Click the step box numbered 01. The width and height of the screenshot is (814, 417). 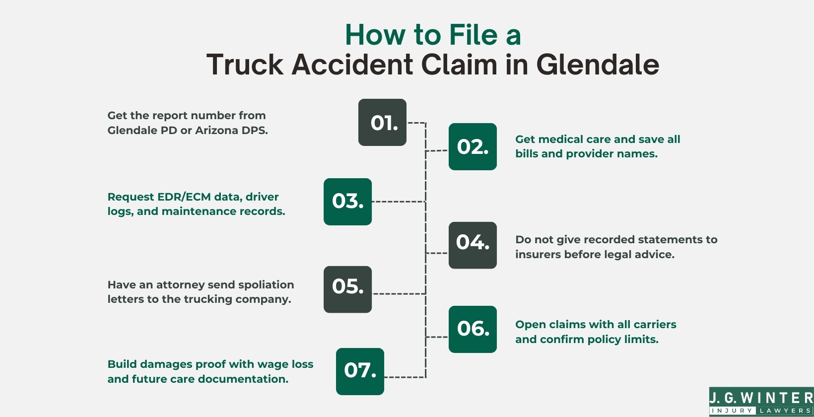tap(382, 122)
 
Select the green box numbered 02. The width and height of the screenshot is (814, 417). tap(473, 146)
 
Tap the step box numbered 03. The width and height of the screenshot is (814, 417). tap(347, 202)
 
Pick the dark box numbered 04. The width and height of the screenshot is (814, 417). tap(473, 245)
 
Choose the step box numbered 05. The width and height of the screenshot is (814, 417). tap(347, 289)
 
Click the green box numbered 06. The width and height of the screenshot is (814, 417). tap(473, 329)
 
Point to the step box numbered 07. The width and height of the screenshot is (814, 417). tap(360, 371)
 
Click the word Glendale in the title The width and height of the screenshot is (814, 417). tap(598, 65)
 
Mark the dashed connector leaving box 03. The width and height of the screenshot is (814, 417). tap(398, 202)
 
